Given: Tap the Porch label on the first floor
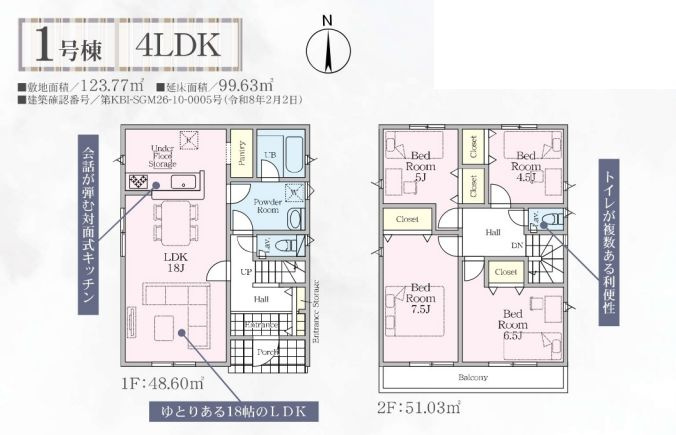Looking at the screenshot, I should tap(265, 351).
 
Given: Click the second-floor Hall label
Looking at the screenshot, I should tap(493, 231).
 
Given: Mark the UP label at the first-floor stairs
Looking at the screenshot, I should tap(246, 272).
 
